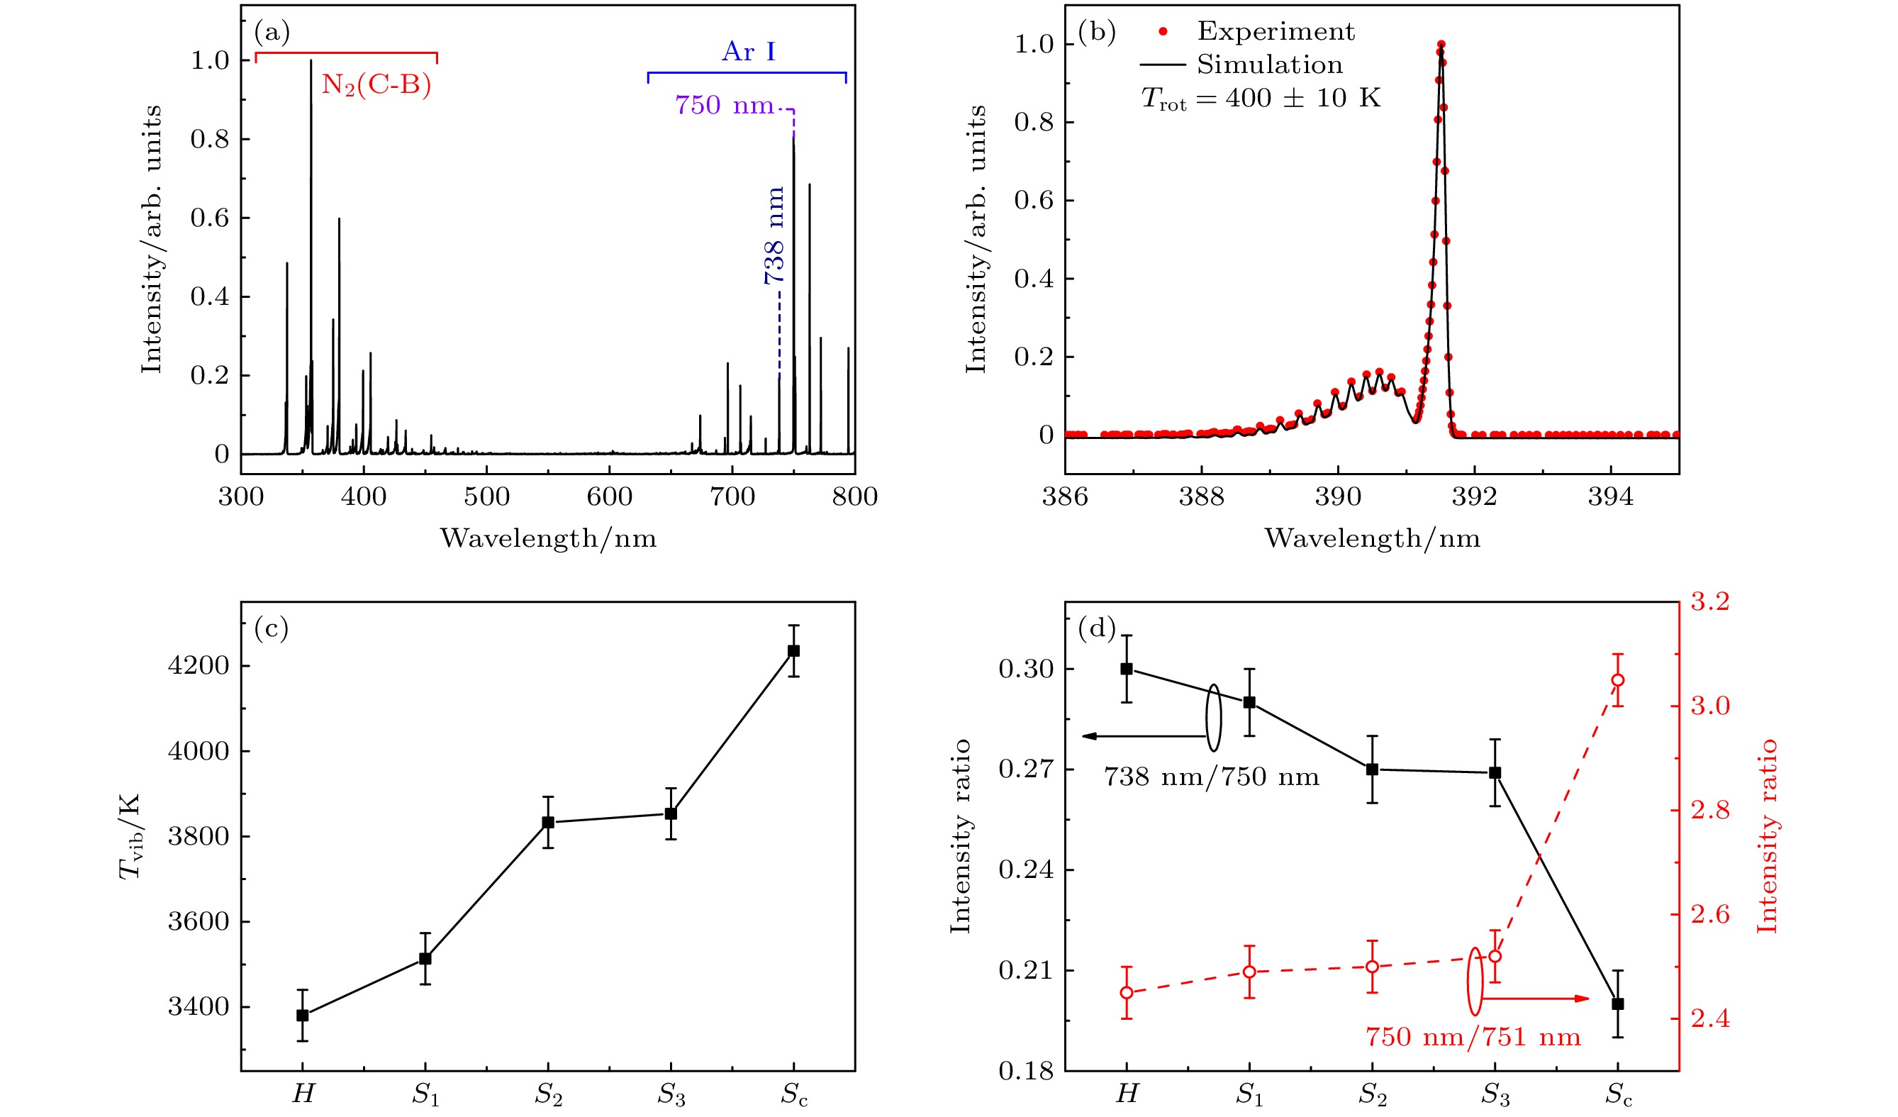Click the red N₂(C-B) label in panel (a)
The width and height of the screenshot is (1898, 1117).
(x=376, y=84)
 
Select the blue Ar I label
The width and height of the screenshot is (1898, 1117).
(x=748, y=52)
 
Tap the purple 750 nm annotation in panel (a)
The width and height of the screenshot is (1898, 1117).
(x=724, y=106)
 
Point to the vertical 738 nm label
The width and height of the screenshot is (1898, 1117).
(x=774, y=235)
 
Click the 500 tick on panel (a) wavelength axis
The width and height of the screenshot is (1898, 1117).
(x=486, y=497)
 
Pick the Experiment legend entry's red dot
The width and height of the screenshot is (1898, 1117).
(x=1163, y=32)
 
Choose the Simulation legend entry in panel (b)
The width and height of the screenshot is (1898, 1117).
(x=1269, y=65)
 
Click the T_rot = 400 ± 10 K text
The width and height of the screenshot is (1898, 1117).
(x=1261, y=99)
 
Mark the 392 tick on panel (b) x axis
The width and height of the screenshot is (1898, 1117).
(x=1474, y=497)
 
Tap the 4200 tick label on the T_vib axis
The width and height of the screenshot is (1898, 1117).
(x=198, y=666)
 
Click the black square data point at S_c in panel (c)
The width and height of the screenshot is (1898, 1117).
(x=794, y=651)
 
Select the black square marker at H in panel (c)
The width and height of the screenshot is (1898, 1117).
(x=303, y=1016)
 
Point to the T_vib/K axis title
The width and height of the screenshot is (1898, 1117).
(x=130, y=836)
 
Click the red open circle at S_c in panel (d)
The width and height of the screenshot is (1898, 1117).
(x=1617, y=680)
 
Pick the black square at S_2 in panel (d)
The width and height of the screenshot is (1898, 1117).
(x=1373, y=769)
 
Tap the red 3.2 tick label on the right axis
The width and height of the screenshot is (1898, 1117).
(x=1709, y=602)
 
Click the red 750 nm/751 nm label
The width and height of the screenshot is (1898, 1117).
(x=1473, y=1037)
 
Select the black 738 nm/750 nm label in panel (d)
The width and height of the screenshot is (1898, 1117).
(x=1211, y=777)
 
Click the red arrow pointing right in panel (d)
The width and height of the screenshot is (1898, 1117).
(x=1536, y=999)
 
